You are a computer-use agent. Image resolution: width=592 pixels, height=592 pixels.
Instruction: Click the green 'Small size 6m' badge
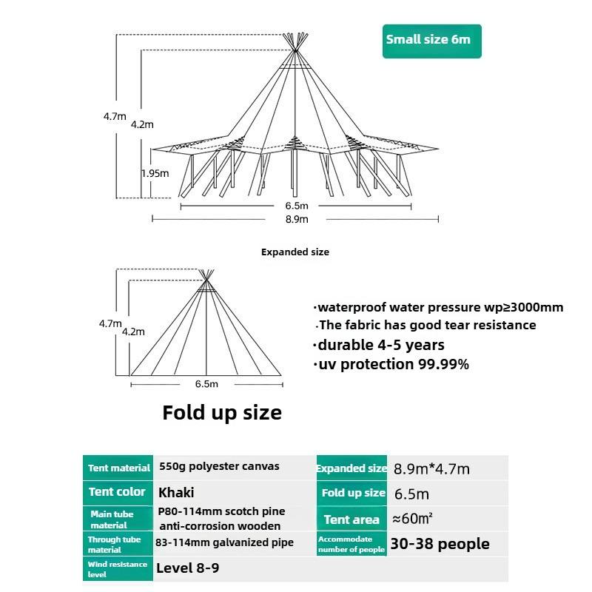pyautogui.click(x=432, y=40)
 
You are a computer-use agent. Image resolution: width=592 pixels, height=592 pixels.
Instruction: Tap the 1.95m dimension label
pyautogui.click(x=155, y=173)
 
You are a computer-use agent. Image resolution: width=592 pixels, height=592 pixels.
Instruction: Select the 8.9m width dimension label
pyautogui.click(x=296, y=219)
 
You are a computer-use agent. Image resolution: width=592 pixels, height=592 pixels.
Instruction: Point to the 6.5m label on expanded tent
pyautogui.click(x=296, y=205)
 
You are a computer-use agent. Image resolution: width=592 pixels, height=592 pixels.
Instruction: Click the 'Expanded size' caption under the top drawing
pyautogui.click(x=295, y=252)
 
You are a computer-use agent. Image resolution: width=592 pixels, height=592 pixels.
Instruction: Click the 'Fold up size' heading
pyautogui.click(x=222, y=412)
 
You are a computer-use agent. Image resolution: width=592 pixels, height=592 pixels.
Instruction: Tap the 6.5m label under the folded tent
pyautogui.click(x=206, y=383)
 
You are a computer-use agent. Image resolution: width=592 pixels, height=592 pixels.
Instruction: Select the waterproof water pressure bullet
pyautogui.click(x=438, y=307)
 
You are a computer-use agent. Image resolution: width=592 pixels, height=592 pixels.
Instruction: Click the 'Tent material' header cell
pyautogui.click(x=118, y=468)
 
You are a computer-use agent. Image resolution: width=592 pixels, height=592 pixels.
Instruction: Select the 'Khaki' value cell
pyautogui.click(x=176, y=492)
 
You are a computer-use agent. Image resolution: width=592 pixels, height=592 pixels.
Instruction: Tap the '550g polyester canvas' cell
pyautogui.click(x=219, y=467)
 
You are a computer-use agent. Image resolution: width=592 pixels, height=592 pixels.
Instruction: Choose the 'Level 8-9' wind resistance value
pyautogui.click(x=187, y=568)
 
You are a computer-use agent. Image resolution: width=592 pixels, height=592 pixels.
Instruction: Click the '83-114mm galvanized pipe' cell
pyautogui.click(x=224, y=542)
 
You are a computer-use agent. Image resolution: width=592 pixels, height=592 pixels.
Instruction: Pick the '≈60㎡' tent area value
pyautogui.click(x=413, y=519)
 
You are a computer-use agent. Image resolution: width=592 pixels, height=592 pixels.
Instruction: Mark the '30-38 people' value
pyautogui.click(x=440, y=544)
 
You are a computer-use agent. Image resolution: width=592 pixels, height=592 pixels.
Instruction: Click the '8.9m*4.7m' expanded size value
pyautogui.click(x=431, y=468)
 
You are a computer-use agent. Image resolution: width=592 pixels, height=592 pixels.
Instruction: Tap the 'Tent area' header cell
pyautogui.click(x=351, y=519)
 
